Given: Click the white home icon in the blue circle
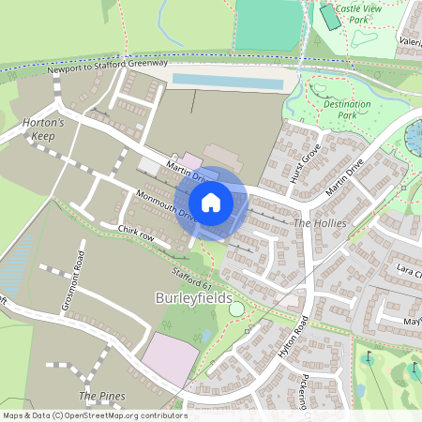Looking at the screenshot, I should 211,203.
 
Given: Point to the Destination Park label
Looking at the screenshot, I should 340,110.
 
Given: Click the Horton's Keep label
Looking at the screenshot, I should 42,128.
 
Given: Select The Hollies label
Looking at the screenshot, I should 320,224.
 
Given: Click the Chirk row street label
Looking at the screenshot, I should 135,231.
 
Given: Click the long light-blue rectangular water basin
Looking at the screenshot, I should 228,83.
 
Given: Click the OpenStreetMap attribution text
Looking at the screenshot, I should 95,414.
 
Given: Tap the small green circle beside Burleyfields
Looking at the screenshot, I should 236,309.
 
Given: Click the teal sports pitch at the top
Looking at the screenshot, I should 268,25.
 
